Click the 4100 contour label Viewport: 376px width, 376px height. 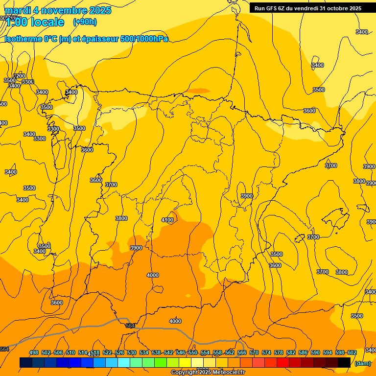pos(167,220)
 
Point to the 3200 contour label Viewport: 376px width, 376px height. pos(19,76)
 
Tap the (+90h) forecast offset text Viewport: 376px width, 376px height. pos(85,22)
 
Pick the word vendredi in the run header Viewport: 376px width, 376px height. pos(306,8)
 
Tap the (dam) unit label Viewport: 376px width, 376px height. pos(362,363)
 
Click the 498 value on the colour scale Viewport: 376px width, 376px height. pos(34,352)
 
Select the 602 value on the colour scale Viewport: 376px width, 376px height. pos(352,352)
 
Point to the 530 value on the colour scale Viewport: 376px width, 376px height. pos(132,352)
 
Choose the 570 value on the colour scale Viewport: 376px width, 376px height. pos(254,352)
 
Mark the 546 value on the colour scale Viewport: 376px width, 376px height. pos(181,352)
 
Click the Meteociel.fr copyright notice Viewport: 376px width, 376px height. pos(208,373)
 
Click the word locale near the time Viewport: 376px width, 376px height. pos(47,22)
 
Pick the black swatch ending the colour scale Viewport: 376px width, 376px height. pos(344,362)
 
